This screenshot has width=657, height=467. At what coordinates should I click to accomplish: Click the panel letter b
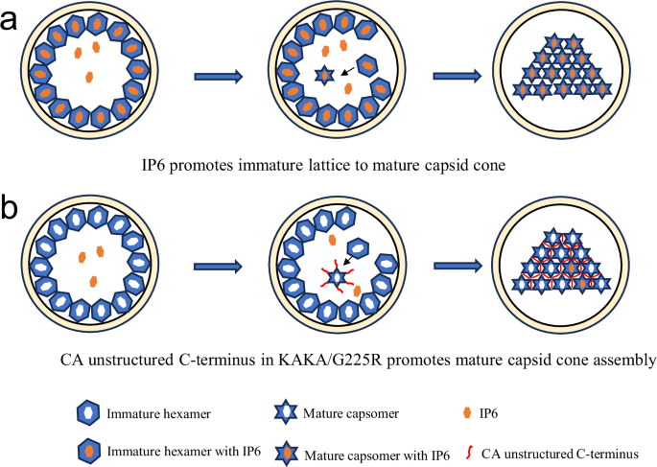[12, 207]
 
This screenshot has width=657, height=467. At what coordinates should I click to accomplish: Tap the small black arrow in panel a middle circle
[354, 68]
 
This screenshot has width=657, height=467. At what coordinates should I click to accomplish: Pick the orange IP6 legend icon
[465, 413]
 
